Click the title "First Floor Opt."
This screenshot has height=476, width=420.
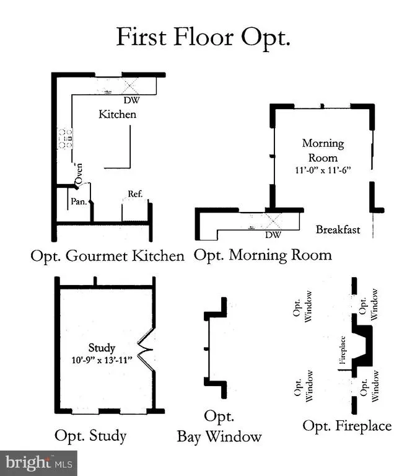(204, 37)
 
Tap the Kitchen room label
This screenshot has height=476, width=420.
(118, 115)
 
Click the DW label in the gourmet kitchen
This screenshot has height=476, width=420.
(131, 100)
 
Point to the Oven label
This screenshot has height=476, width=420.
(79, 174)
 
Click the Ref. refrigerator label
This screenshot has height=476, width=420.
(135, 194)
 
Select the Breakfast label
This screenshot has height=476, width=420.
(338, 229)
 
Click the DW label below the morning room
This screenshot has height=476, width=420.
(273, 235)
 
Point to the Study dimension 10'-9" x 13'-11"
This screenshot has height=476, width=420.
(102, 359)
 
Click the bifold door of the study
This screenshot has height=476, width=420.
(144, 351)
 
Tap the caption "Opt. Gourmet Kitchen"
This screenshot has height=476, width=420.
(107, 256)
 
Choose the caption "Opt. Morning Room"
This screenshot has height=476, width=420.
(263, 255)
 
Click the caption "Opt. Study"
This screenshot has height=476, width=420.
(90, 436)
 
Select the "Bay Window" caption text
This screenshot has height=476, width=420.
(219, 437)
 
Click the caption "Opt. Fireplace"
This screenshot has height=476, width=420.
(347, 426)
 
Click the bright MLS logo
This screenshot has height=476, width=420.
(38, 462)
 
